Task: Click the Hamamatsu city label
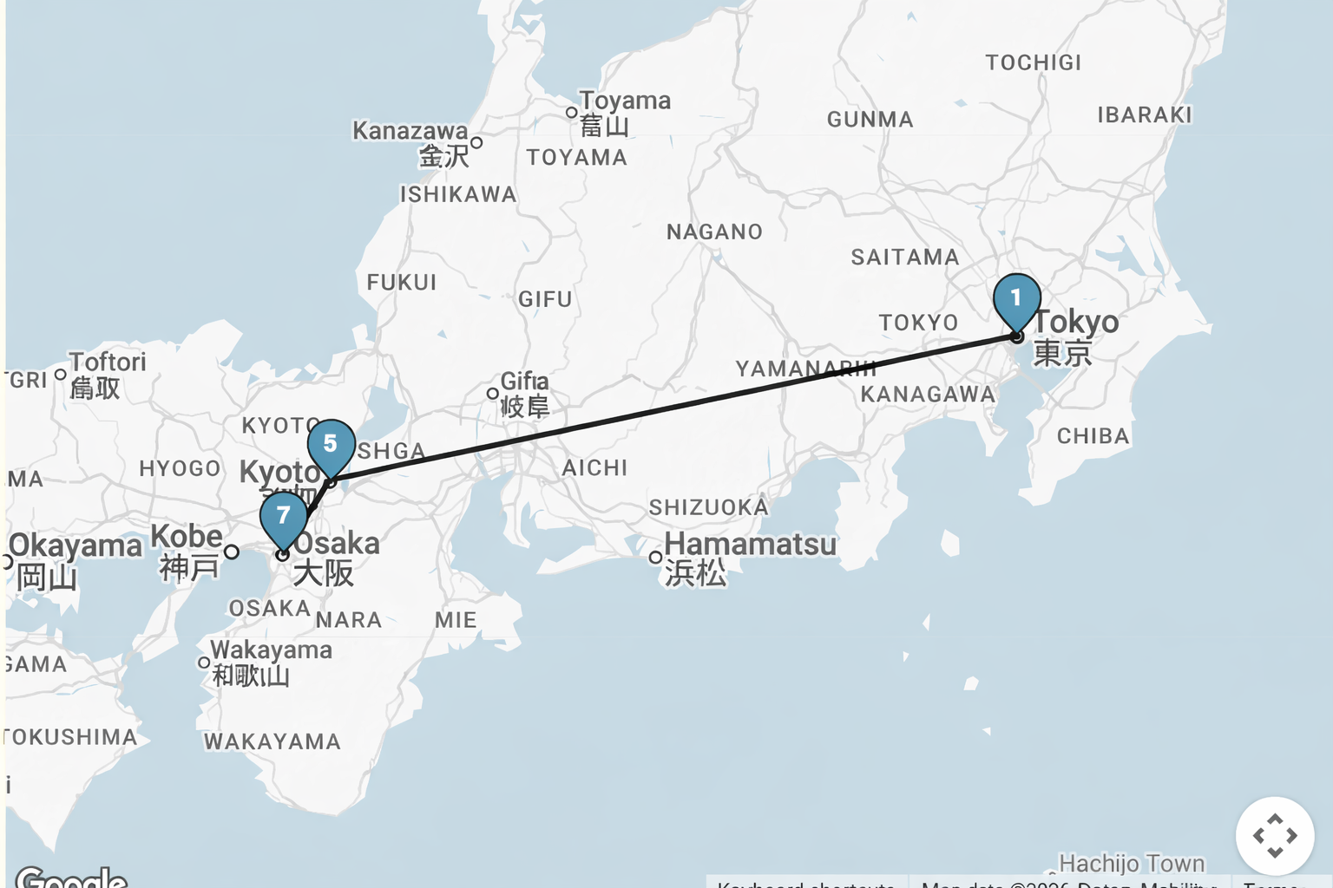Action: point(750,545)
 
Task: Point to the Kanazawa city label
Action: point(410,131)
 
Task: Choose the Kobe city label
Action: point(187,537)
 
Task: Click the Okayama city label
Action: point(75,546)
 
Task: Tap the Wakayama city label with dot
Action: point(270,650)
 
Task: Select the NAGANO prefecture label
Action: point(714,232)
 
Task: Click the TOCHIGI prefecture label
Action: point(1033,62)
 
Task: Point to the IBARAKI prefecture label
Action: point(1144,115)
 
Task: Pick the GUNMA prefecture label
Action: point(870,120)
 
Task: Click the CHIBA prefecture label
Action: point(1093,436)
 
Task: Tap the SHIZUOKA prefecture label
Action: point(708,507)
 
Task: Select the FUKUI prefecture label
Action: point(401,283)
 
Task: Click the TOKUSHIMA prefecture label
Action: point(69,737)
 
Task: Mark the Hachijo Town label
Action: point(1132,864)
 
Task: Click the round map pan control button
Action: point(1274,836)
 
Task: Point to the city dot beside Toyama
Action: point(571,113)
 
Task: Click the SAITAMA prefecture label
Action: point(904,258)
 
